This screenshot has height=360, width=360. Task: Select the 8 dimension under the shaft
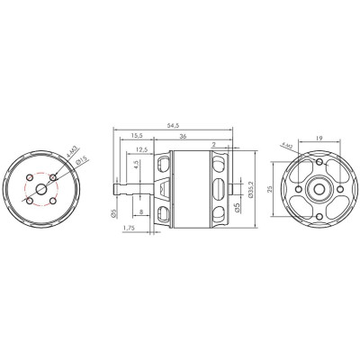click(x=142, y=212)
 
